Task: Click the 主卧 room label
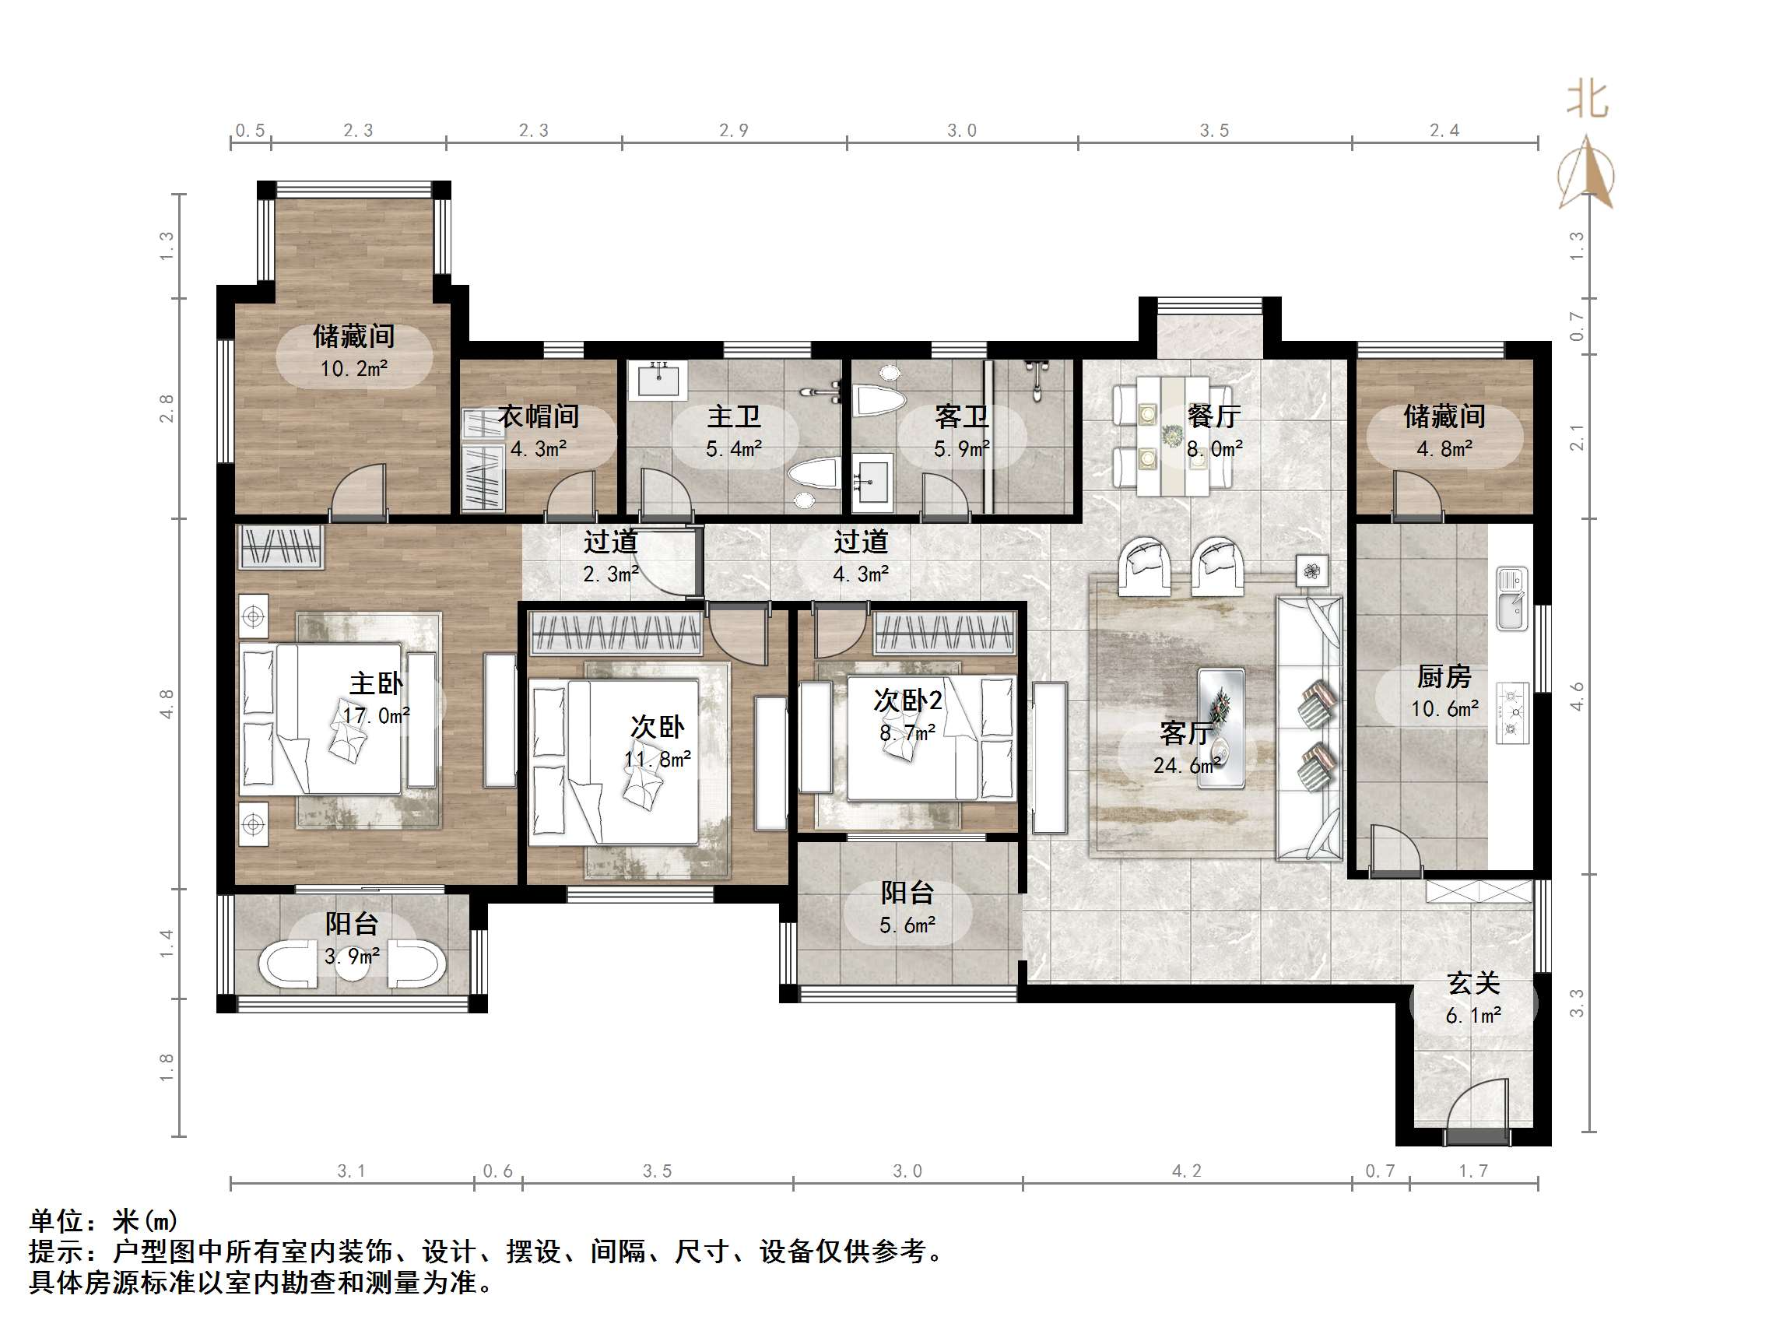[376, 683]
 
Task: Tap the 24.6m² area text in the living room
[1186, 766]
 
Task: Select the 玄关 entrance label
[1473, 983]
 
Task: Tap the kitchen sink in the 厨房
[1511, 599]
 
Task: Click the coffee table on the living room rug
[1220, 728]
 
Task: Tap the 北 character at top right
[1587, 100]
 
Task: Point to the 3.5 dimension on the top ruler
[1214, 131]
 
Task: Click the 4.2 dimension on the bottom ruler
[1187, 1171]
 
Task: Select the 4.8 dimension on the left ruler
[167, 704]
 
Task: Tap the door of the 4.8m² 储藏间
[1417, 494]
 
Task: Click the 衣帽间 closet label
[539, 416]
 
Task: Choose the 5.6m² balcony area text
[907, 925]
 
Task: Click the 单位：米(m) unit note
[104, 1220]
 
